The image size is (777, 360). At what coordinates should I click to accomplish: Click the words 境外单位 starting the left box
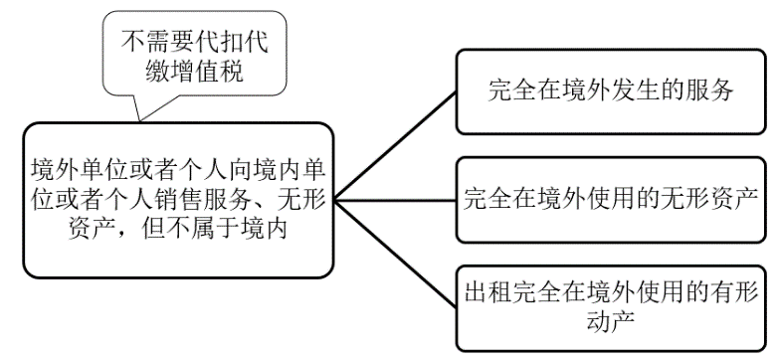(71, 165)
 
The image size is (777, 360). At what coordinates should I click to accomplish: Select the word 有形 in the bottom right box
(734, 293)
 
